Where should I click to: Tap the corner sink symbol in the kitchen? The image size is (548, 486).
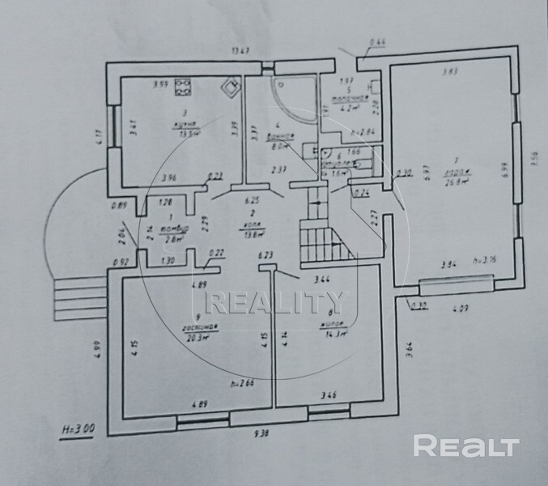pyautogui.click(x=232, y=85)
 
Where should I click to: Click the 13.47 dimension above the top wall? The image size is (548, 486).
pyautogui.click(x=240, y=50)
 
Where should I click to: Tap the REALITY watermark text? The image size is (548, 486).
pyautogui.click(x=274, y=303)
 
